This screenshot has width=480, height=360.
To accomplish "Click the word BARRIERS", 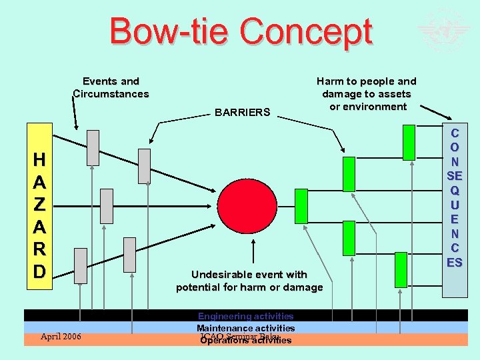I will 243,112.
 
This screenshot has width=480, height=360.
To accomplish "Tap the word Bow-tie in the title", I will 170,32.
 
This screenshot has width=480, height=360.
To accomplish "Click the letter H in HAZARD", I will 40,160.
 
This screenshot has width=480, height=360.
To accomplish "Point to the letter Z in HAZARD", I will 40,205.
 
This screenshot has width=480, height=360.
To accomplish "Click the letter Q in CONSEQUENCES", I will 454,190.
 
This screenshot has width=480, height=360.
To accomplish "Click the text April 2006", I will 61,337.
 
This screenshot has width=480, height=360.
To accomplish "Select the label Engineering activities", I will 245,316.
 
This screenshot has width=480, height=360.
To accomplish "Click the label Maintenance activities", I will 245,328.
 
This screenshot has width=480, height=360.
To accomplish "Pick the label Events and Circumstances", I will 111,87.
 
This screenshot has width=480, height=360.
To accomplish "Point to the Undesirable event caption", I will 249,281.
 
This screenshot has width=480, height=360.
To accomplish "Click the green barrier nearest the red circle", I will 301,206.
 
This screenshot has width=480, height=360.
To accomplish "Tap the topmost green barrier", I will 409,142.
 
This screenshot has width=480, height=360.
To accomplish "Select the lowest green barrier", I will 401,269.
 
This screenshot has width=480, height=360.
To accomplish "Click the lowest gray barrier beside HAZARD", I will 81,265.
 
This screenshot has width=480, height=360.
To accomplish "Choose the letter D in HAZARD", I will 40,271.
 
